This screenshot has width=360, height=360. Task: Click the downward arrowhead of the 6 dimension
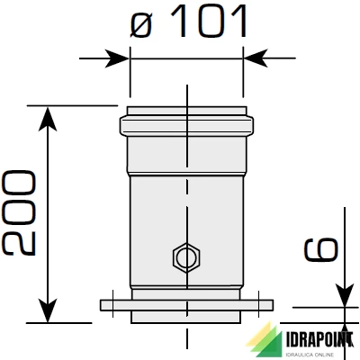click(x=345, y=298)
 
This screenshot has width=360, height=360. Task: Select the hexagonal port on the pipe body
click(x=185, y=259)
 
